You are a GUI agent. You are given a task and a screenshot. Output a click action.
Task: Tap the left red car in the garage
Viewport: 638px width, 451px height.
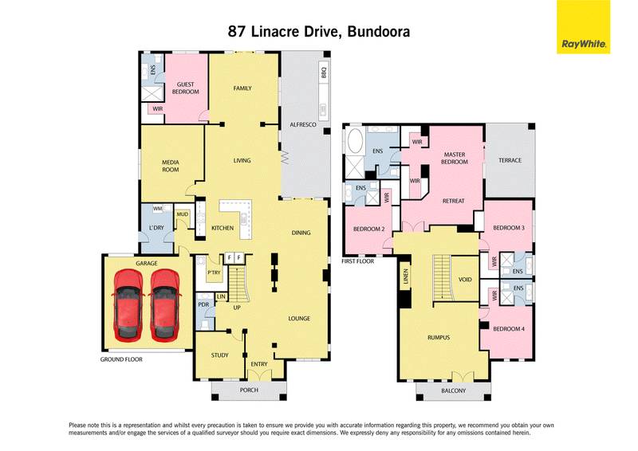click(x=128, y=302)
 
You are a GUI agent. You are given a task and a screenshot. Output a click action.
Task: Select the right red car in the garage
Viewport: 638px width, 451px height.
click(x=164, y=302)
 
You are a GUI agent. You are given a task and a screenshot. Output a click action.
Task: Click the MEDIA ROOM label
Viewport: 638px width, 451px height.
click(x=171, y=165)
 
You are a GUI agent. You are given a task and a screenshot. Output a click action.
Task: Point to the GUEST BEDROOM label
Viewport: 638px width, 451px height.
click(x=186, y=87)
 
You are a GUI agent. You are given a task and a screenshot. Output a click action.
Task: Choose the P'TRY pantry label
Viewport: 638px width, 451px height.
click(x=213, y=273)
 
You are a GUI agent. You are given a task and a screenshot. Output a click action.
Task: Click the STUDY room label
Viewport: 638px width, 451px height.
click(x=219, y=355)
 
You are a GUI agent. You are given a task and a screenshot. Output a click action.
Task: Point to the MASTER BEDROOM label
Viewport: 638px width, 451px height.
click(x=454, y=157)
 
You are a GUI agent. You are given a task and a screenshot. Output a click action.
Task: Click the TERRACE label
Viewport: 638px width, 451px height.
click(x=510, y=160)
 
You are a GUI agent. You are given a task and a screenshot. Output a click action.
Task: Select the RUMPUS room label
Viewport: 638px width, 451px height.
click(x=439, y=337)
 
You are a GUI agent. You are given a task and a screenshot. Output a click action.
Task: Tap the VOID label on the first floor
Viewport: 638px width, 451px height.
click(x=466, y=280)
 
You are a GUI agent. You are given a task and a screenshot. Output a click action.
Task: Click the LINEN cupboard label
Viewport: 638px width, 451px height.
click(x=404, y=276)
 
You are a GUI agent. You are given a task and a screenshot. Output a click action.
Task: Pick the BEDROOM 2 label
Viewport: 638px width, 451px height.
click(x=370, y=229)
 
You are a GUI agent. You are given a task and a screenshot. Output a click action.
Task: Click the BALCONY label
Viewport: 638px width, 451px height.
click(x=453, y=391)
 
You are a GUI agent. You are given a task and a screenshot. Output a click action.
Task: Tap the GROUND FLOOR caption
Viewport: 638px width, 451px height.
click(x=122, y=359)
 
